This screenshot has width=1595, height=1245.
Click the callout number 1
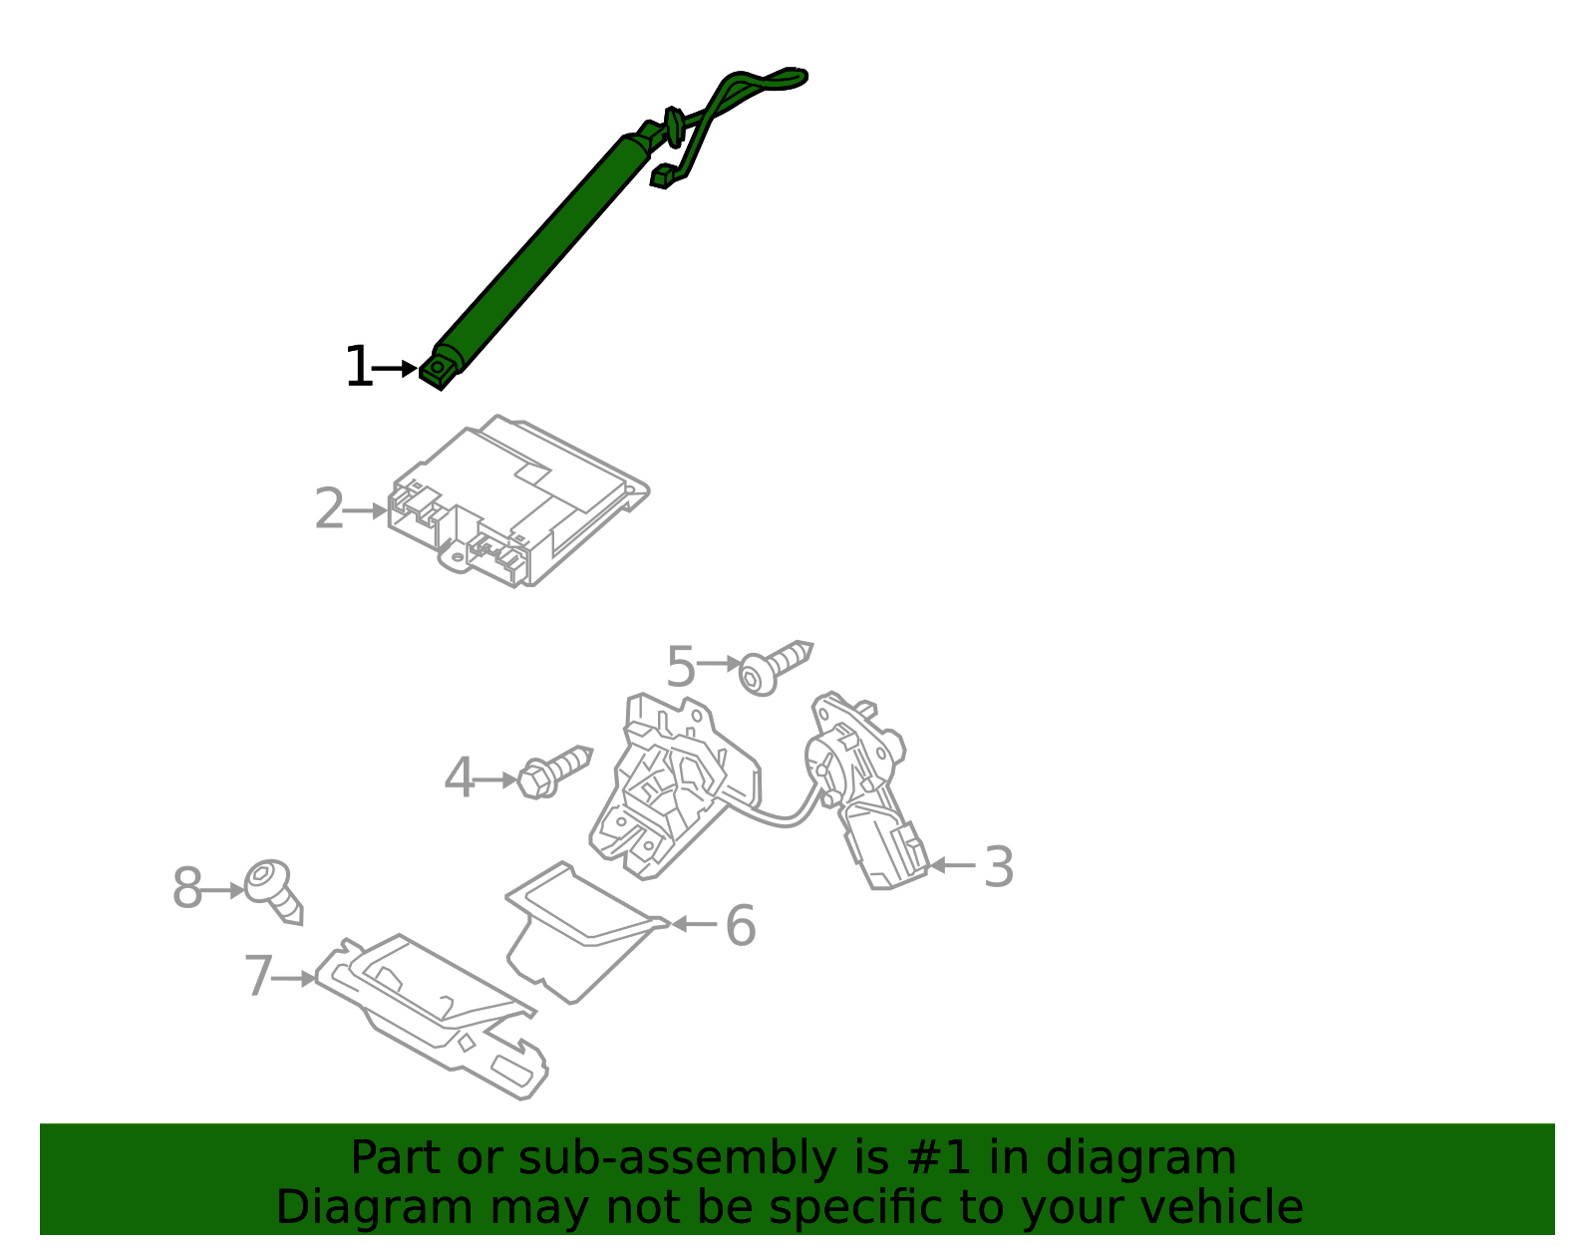(357, 368)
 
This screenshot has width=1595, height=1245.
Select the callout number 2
(329, 510)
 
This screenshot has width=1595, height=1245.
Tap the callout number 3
(999, 867)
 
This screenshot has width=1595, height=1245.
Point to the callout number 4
(459, 779)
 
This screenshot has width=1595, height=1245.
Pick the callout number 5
(680, 667)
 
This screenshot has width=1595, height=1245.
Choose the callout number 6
(740, 926)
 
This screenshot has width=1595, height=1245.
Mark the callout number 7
(258, 977)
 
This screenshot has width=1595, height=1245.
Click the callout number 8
(186, 889)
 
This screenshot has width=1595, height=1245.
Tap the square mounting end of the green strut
(438, 371)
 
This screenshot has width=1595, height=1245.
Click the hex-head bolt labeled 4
(553, 772)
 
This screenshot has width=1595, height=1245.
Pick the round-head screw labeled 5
(774, 667)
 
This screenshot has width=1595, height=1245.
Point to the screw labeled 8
(274, 890)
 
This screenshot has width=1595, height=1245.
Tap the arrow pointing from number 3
(952, 865)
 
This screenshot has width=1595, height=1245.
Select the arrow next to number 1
(396, 369)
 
